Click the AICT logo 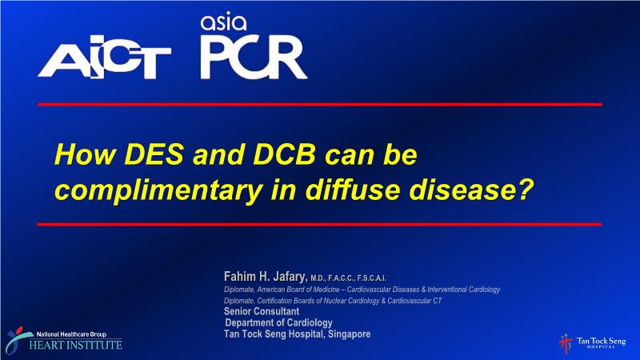pos(105,57)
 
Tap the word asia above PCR pos(223,23)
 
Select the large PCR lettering pos(254,58)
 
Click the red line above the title pos(319,105)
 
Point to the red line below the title pos(319,224)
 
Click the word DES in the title pos(154,154)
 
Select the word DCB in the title pos(285,154)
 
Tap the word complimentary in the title pos(158,190)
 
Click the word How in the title pos(86,154)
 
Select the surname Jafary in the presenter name pos(290,277)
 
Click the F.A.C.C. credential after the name pos(342,278)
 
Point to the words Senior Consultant pos(262,311)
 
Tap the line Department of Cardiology pos(278,322)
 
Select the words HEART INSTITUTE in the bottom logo pos(75,346)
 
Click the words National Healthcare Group pos(72,334)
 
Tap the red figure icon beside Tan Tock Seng pos(566,344)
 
